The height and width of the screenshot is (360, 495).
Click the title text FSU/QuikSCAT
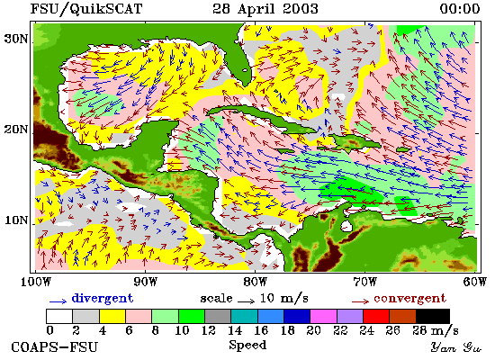pos(86,9)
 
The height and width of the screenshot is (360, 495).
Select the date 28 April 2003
pos(265,9)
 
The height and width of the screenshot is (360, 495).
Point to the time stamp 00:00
pos(460,9)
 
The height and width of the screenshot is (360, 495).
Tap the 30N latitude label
pos(16,40)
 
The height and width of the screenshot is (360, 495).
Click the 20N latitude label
pos(16,130)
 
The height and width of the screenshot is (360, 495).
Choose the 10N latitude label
pos(16,220)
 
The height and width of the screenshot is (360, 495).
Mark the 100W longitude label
pos(36,282)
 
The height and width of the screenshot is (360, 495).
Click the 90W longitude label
pos(145,282)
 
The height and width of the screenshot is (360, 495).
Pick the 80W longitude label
pos(255,282)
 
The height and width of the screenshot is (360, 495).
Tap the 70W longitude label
pos(364,282)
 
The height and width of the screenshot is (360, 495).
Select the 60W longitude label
pos(475,282)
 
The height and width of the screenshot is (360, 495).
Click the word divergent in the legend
pos(103,299)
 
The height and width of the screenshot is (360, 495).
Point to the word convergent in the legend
pos(409,299)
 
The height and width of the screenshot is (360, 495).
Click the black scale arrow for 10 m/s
pos(246,301)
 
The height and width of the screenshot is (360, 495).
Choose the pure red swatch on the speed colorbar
pos(376,316)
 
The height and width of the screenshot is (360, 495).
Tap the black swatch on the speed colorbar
pos(433,316)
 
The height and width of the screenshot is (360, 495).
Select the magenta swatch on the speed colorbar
pos(323,316)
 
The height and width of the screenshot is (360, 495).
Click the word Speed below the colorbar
pos(247,346)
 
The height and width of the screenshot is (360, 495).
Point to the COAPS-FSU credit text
pos(55,347)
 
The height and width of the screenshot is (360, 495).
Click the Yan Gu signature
pos(456,347)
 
